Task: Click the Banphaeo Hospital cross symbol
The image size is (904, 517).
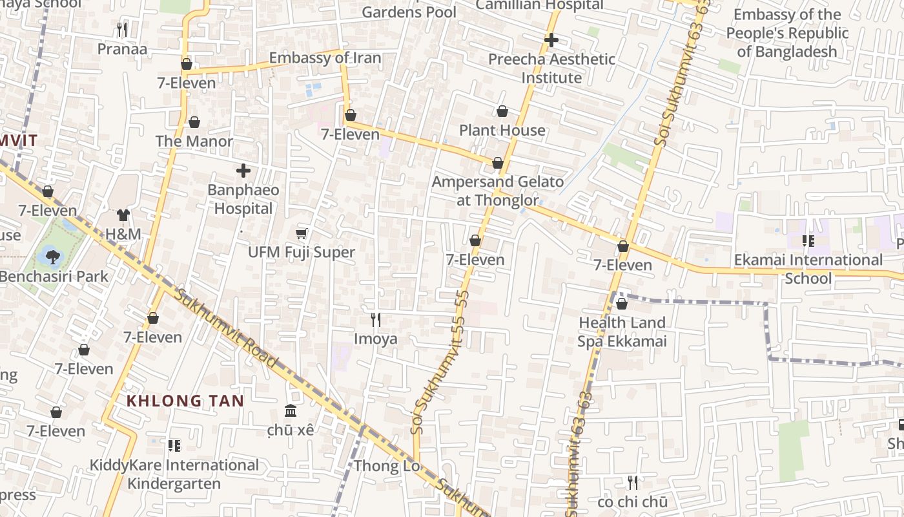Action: coord(243,171)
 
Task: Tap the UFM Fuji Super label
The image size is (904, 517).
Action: coord(302,253)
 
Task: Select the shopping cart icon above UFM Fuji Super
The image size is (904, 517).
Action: coord(301,233)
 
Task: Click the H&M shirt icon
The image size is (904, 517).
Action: coord(123,215)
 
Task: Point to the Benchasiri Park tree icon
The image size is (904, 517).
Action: coord(52,257)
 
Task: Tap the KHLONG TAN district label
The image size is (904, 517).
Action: coord(185,401)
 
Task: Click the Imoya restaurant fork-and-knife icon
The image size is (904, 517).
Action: coord(376,319)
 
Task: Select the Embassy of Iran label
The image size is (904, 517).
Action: coord(325,58)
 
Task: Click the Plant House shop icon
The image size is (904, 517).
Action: coord(502,112)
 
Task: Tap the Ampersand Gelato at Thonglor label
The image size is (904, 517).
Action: coord(497,191)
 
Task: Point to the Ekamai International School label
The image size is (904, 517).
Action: coord(808,269)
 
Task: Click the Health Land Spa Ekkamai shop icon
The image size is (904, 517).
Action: coord(622,303)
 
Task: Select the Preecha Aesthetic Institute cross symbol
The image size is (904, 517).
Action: coord(551,40)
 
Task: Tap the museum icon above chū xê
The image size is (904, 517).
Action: coord(291,411)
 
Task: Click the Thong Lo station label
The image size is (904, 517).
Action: coord(387,466)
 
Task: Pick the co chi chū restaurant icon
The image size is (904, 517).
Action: coord(633,482)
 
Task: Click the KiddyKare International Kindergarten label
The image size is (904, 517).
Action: coord(174,474)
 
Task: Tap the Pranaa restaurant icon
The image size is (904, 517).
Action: coord(122,30)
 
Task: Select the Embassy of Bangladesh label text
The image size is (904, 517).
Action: coord(787,33)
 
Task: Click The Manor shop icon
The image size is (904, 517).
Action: coord(194,122)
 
